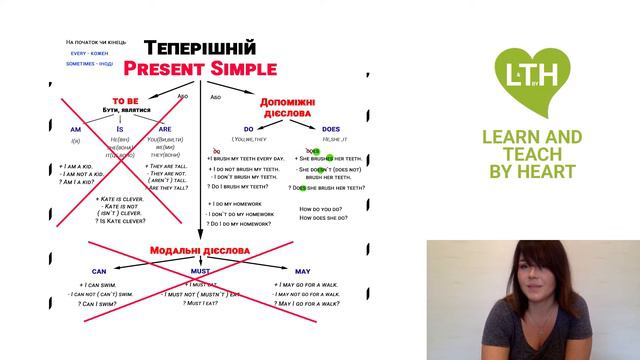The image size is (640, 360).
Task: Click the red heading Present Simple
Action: pos(200,69)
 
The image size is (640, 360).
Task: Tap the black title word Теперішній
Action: pos(200,48)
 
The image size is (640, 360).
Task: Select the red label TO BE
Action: pos(126,100)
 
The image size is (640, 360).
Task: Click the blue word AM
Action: pos(75,128)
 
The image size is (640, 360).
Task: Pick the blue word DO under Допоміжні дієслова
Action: pos(248,128)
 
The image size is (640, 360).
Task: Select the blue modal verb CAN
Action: pos(98,271)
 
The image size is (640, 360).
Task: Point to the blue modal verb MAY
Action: pos(302,271)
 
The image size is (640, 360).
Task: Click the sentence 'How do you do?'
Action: pos(322,208)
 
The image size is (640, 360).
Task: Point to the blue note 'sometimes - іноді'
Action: pos(90,63)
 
